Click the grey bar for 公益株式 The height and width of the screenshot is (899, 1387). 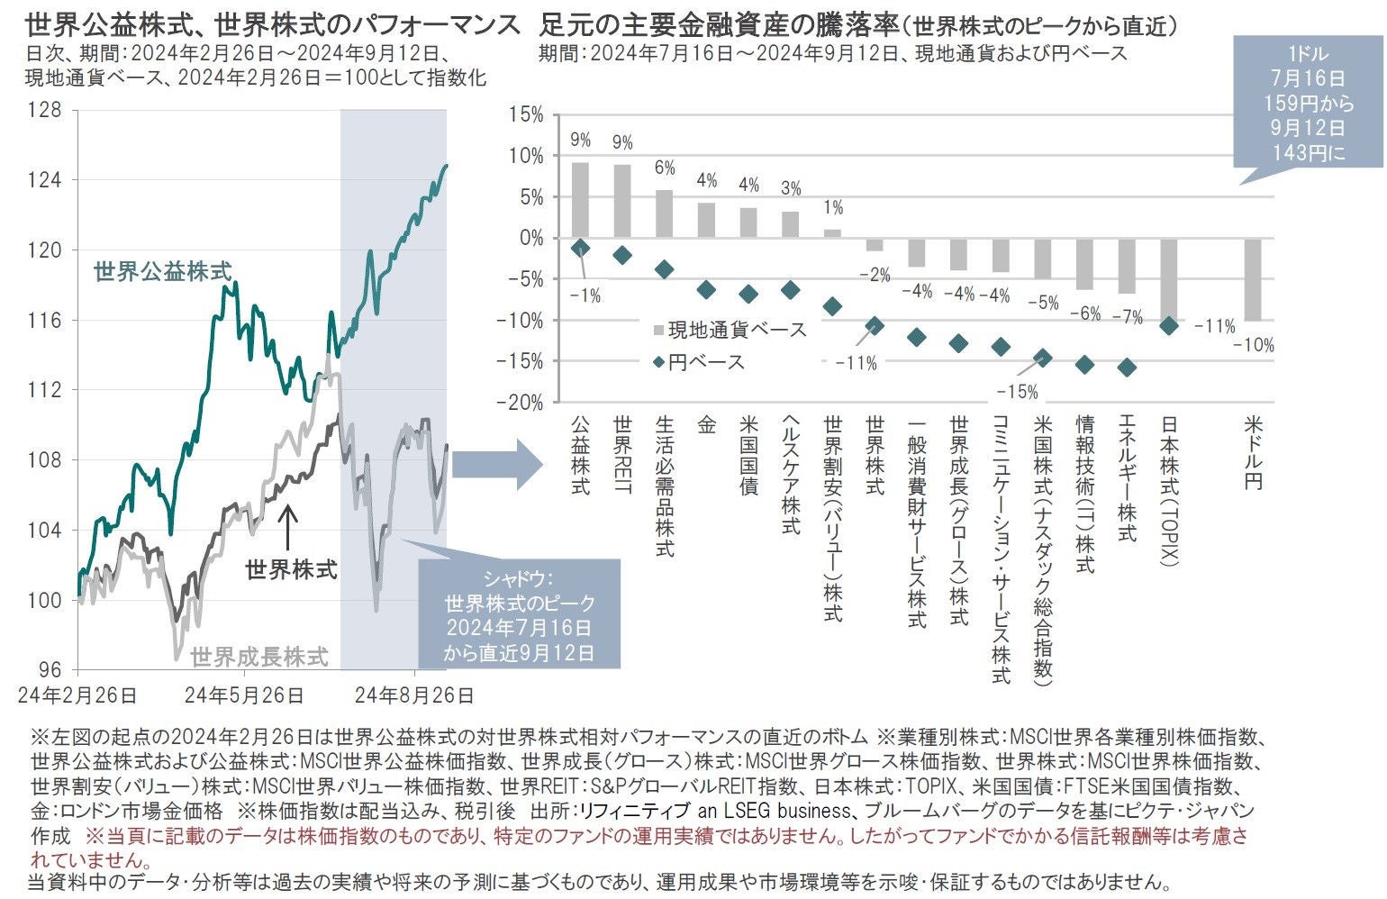(x=581, y=201)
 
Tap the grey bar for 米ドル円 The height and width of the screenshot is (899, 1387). (x=1253, y=280)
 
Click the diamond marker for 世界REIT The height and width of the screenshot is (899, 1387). (x=622, y=256)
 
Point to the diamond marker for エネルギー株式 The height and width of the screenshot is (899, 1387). (x=1126, y=368)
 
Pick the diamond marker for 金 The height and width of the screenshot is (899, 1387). (x=706, y=289)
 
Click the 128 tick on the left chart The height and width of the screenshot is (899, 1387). (x=45, y=110)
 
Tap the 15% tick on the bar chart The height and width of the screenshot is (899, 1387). (x=526, y=114)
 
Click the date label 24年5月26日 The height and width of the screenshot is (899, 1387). (x=244, y=695)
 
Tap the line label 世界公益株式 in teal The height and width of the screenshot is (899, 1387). (x=162, y=271)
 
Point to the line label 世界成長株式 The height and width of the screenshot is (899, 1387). (x=259, y=657)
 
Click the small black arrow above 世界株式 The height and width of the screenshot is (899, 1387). (x=287, y=527)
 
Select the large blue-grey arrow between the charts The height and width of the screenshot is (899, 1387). (x=496, y=465)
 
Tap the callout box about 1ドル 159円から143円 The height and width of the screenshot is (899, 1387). (x=1308, y=104)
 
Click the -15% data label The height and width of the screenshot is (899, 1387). (x=1017, y=392)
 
